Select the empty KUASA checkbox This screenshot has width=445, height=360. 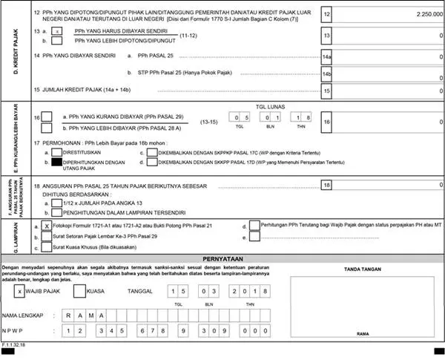click(79, 292)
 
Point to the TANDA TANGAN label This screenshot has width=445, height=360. click(363, 269)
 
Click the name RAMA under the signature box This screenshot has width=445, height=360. click(363, 334)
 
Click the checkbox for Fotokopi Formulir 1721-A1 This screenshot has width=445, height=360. click(46, 225)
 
